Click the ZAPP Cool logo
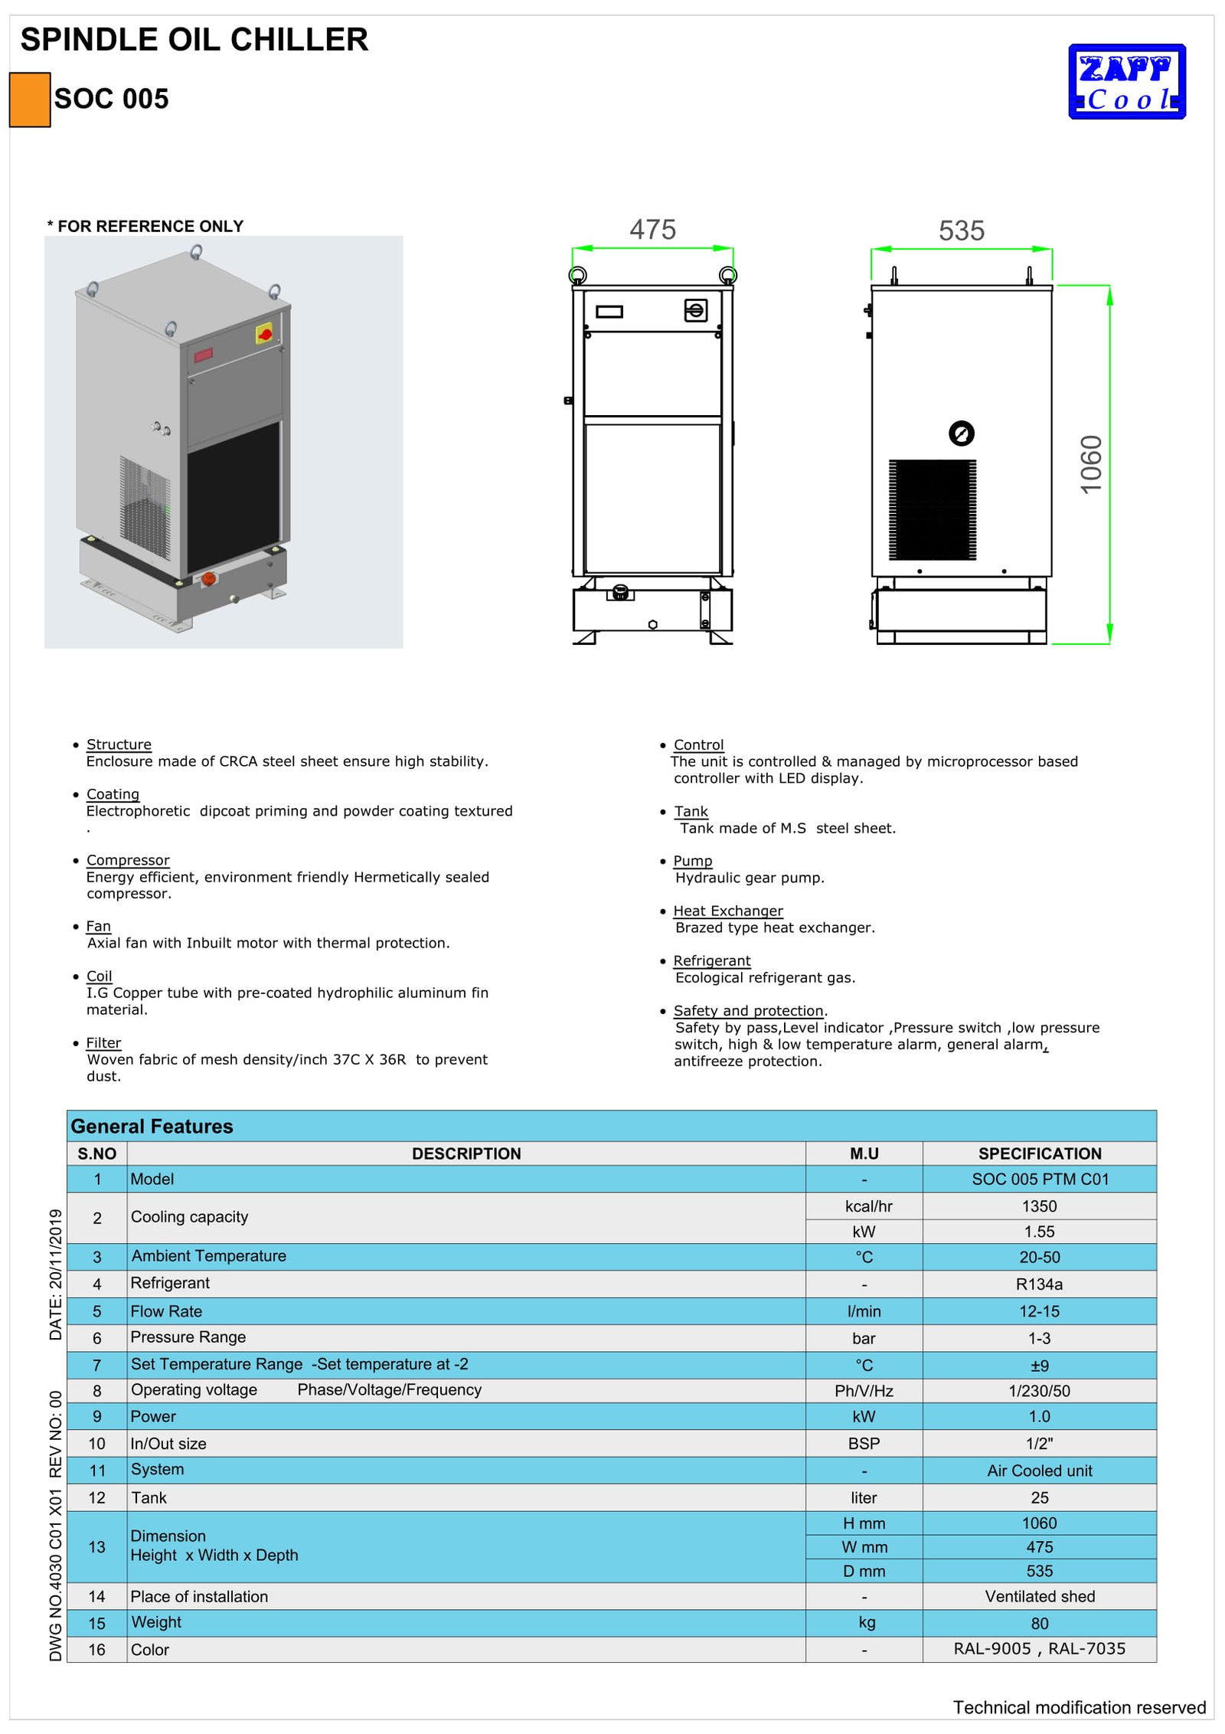1126,82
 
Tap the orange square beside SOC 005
30,100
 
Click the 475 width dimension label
652,230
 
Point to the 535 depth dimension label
961,231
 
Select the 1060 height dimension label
1091,464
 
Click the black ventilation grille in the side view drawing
932,509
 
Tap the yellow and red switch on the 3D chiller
264,334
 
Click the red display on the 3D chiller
203,355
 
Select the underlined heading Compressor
128,860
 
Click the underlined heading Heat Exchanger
727,911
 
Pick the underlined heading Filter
103,1042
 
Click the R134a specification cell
1038,1284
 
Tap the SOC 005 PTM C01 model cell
1039,1179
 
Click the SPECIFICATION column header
1039,1153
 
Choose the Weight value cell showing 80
1039,1623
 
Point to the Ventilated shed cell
1039,1596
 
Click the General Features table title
152,1127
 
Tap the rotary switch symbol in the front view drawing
695,310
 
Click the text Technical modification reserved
1078,1707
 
